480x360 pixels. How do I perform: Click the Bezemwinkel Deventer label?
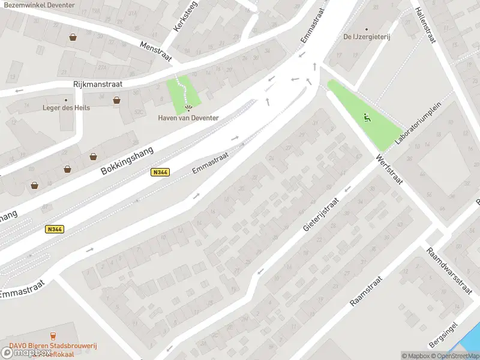[40, 5]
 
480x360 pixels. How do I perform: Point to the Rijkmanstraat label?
[97, 85]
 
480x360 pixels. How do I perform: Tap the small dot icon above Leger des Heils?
[66, 100]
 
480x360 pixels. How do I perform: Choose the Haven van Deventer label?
[188, 118]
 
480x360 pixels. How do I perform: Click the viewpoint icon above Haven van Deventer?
[188, 108]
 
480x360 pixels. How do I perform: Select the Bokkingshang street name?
[127, 160]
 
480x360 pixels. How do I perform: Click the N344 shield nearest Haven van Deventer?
[160, 172]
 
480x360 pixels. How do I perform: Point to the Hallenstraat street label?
[425, 25]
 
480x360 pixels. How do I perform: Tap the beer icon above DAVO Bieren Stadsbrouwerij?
[54, 336]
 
